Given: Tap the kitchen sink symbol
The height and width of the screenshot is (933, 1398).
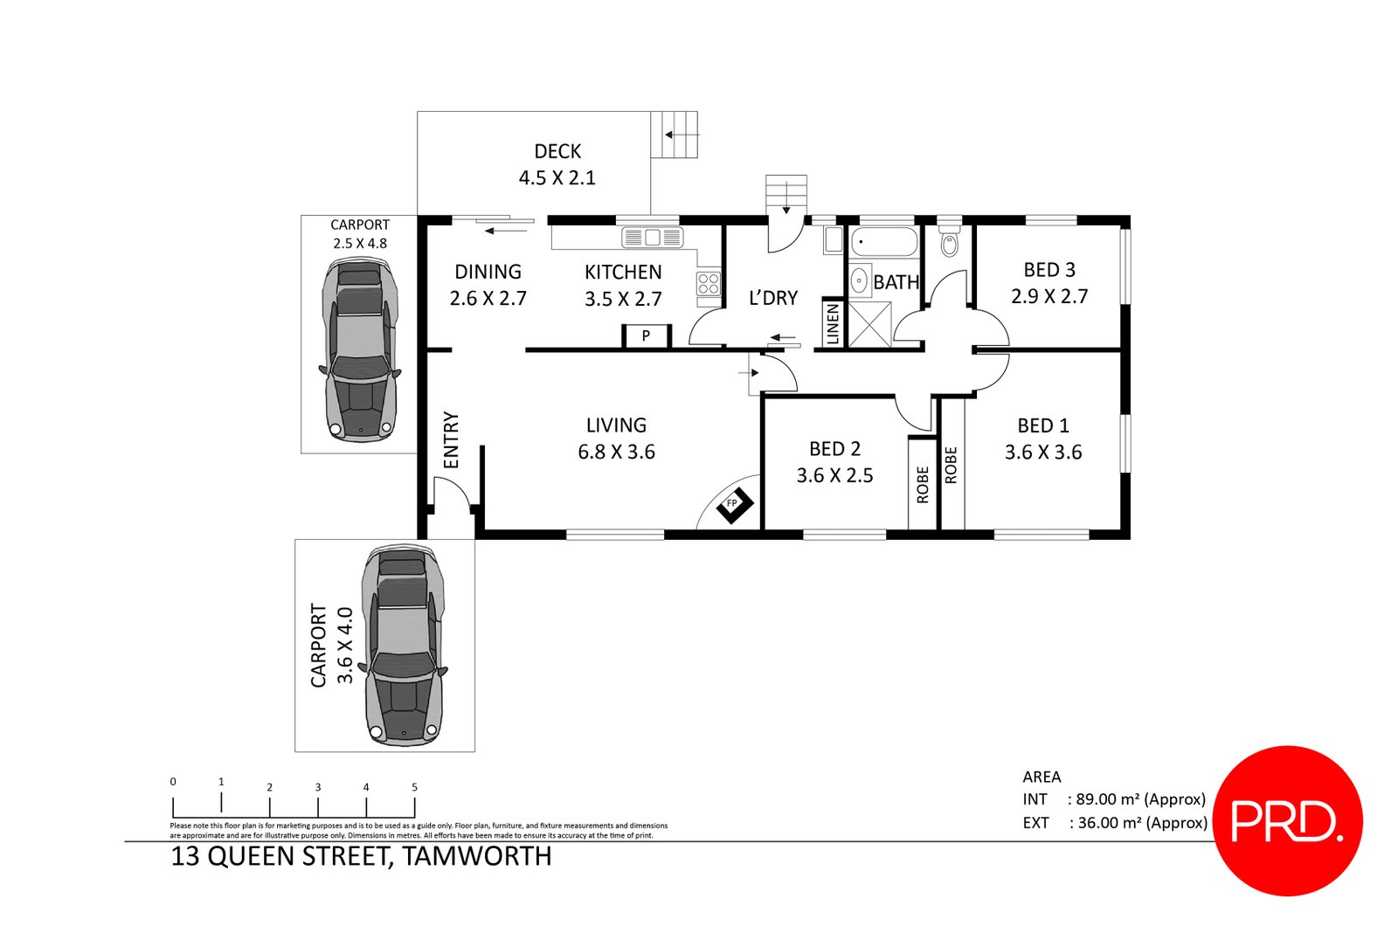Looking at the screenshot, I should click(652, 237).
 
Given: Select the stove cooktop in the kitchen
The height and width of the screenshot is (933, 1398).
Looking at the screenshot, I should click(709, 283).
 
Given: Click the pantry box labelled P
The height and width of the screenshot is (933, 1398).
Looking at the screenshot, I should click(646, 336).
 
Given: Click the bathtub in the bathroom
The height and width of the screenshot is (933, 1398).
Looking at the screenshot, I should click(884, 240).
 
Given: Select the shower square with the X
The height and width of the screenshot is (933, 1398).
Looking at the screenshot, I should click(870, 324).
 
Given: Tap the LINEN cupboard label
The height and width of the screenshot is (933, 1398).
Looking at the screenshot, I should click(833, 324).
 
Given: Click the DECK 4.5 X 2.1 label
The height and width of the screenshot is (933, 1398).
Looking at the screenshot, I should click(557, 165).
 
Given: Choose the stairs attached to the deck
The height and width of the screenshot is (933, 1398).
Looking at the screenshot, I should click(675, 135).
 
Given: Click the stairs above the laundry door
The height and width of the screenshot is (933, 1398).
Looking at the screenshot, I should click(786, 194).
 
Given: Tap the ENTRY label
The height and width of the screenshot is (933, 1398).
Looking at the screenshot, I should click(451, 440).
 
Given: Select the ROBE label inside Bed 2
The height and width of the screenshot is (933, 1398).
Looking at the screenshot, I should click(923, 485).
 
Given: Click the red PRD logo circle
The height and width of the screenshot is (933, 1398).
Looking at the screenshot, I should click(1288, 820).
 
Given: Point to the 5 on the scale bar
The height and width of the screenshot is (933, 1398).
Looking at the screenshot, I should click(414, 787).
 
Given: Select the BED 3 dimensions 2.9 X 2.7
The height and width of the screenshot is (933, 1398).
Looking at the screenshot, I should click(1049, 296).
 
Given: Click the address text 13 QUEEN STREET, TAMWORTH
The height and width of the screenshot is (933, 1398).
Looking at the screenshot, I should click(361, 856).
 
